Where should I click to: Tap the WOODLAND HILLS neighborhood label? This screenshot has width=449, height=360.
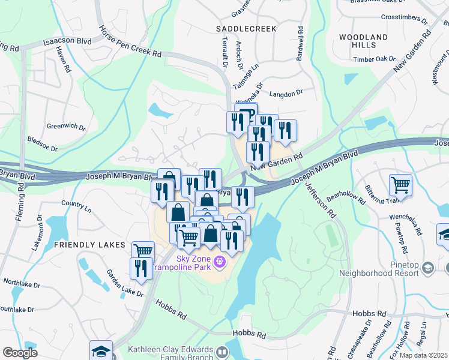(x=363, y=41)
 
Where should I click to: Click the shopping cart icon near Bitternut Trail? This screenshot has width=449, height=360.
(x=400, y=185)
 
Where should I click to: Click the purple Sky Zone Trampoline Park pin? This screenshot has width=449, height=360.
(x=220, y=261)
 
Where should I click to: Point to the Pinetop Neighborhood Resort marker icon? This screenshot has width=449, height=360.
(x=429, y=266)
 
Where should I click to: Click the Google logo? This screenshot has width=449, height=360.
(x=20, y=353)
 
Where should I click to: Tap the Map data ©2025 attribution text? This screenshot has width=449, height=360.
(x=424, y=355)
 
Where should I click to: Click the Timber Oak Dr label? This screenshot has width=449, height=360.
(x=374, y=59)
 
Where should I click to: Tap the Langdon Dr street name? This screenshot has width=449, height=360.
(x=286, y=92)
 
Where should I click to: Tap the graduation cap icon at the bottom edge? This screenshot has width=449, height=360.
(x=101, y=351)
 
